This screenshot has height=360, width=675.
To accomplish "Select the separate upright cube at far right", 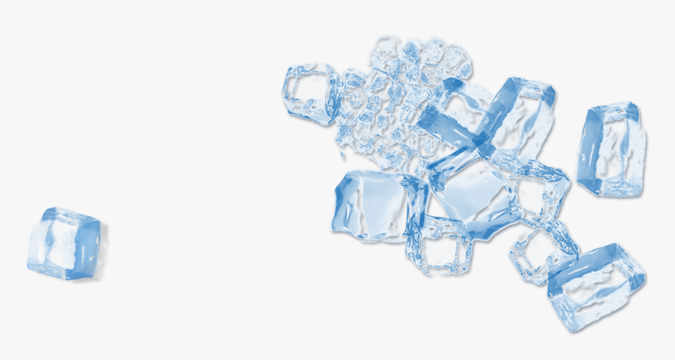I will (x=611, y=149).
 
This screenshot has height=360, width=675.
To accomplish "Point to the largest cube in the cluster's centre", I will (x=471, y=192).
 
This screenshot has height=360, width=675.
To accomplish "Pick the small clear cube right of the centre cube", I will (x=540, y=192).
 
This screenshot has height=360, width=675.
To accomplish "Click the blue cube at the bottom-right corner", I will (x=597, y=286).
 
